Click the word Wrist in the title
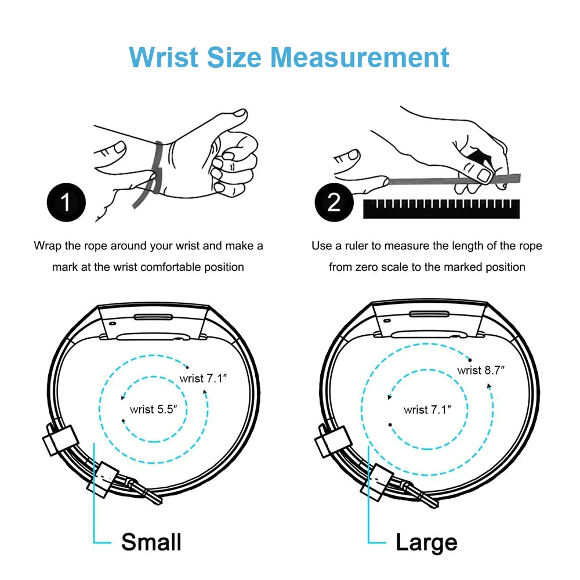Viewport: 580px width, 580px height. (164, 57)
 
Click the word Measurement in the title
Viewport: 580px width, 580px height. (360, 57)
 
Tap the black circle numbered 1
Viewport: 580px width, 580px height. (66, 202)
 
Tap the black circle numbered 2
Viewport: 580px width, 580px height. (333, 202)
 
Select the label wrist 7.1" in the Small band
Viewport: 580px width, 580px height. (204, 379)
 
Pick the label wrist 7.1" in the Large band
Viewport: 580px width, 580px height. (427, 409)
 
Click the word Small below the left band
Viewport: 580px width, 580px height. (151, 542)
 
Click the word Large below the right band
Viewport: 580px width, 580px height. (426, 543)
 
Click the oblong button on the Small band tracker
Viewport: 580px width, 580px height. (153, 317)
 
